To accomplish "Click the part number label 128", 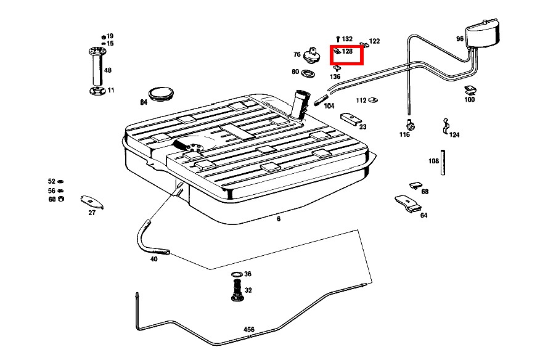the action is click(347, 51).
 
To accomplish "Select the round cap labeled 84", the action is click(161, 94).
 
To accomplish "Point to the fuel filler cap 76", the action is click(312, 55).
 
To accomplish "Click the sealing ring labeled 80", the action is click(308, 73).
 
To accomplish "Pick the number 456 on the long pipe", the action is click(248, 329).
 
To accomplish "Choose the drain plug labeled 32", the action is click(237, 290).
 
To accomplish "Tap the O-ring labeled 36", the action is click(237, 274).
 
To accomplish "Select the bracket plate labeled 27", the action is click(92, 202).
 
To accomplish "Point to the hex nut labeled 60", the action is click(61, 198).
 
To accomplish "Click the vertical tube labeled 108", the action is click(443, 163).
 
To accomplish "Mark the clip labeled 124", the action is click(445, 126).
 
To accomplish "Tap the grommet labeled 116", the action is click(410, 125).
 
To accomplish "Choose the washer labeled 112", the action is click(372, 100).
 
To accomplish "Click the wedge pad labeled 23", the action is click(351, 118).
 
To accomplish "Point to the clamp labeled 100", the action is click(470, 90).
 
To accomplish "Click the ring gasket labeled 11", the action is click(97, 91).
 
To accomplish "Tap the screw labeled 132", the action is click(338, 39).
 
